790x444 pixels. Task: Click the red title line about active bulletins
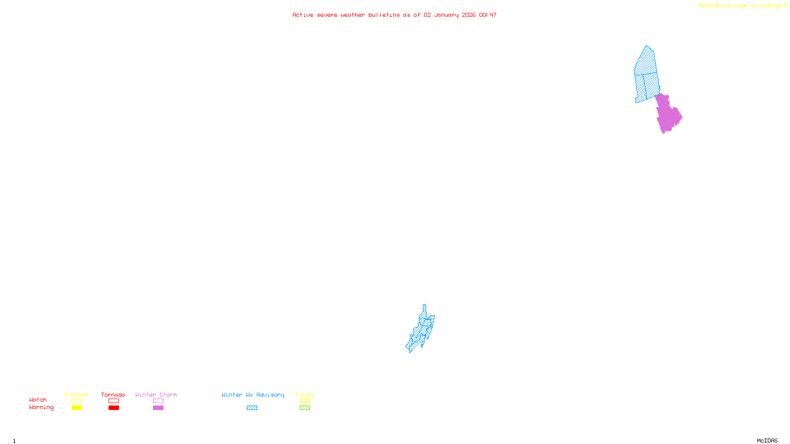(394, 15)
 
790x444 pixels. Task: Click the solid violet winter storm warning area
(668, 114)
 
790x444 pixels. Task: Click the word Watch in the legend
(38, 400)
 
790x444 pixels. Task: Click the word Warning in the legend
(41, 407)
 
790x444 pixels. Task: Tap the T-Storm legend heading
(76, 395)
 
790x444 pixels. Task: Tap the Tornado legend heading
(113, 395)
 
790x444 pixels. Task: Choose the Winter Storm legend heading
(156, 395)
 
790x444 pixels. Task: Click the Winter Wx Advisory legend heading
(253, 395)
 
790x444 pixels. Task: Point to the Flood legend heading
(305, 395)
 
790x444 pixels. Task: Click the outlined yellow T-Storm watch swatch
(77, 401)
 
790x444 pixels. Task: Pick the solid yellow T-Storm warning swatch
(77, 408)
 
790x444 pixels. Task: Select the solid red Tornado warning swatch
(114, 408)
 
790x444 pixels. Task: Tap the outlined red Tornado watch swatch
(114, 401)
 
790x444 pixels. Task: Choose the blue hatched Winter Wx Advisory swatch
(252, 408)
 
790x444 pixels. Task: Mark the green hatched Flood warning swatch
(305, 408)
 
